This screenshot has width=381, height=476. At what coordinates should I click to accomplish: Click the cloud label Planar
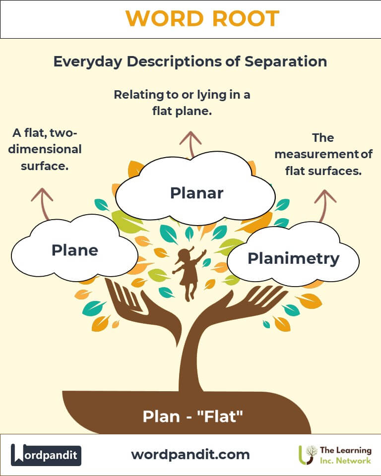[196, 193]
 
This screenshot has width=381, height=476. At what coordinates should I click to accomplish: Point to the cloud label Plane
[74, 250]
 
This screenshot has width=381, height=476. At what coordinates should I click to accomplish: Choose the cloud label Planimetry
[293, 258]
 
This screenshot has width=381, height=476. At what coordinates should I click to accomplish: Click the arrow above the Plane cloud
[43, 203]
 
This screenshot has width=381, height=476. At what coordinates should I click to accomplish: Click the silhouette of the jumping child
[189, 273]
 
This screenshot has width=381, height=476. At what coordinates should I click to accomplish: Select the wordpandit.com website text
[190, 454]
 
